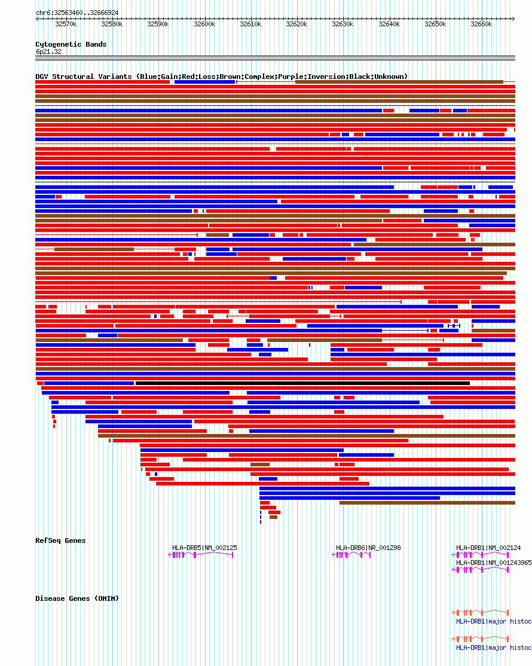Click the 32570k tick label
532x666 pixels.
coord(66,24)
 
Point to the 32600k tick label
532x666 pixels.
coord(204,24)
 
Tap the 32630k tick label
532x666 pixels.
coord(343,24)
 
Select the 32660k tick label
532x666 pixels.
coord(481,24)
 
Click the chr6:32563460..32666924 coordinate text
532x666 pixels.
coord(77,13)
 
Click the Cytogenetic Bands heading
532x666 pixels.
coord(71,44)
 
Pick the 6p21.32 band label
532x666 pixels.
coord(48,51)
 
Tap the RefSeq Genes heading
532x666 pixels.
coord(60,540)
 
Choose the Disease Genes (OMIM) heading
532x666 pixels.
coord(77,598)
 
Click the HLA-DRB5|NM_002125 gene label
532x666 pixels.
coord(204,548)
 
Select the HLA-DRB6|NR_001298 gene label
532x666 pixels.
coord(368,548)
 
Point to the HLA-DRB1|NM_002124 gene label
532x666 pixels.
coord(488,548)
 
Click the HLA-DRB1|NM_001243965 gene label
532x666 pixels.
coord(494,563)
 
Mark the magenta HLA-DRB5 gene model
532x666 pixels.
coord(201,555)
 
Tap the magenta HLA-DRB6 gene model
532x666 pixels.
coord(351,555)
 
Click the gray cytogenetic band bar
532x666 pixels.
coord(275,58)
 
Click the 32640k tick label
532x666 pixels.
coord(389,24)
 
